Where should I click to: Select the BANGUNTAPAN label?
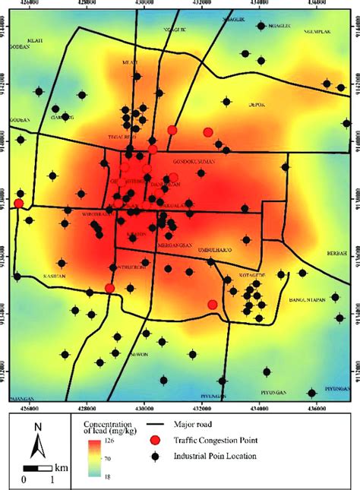click(308, 299)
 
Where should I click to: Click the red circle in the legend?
click(155, 441)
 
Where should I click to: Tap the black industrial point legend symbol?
click(155, 455)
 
